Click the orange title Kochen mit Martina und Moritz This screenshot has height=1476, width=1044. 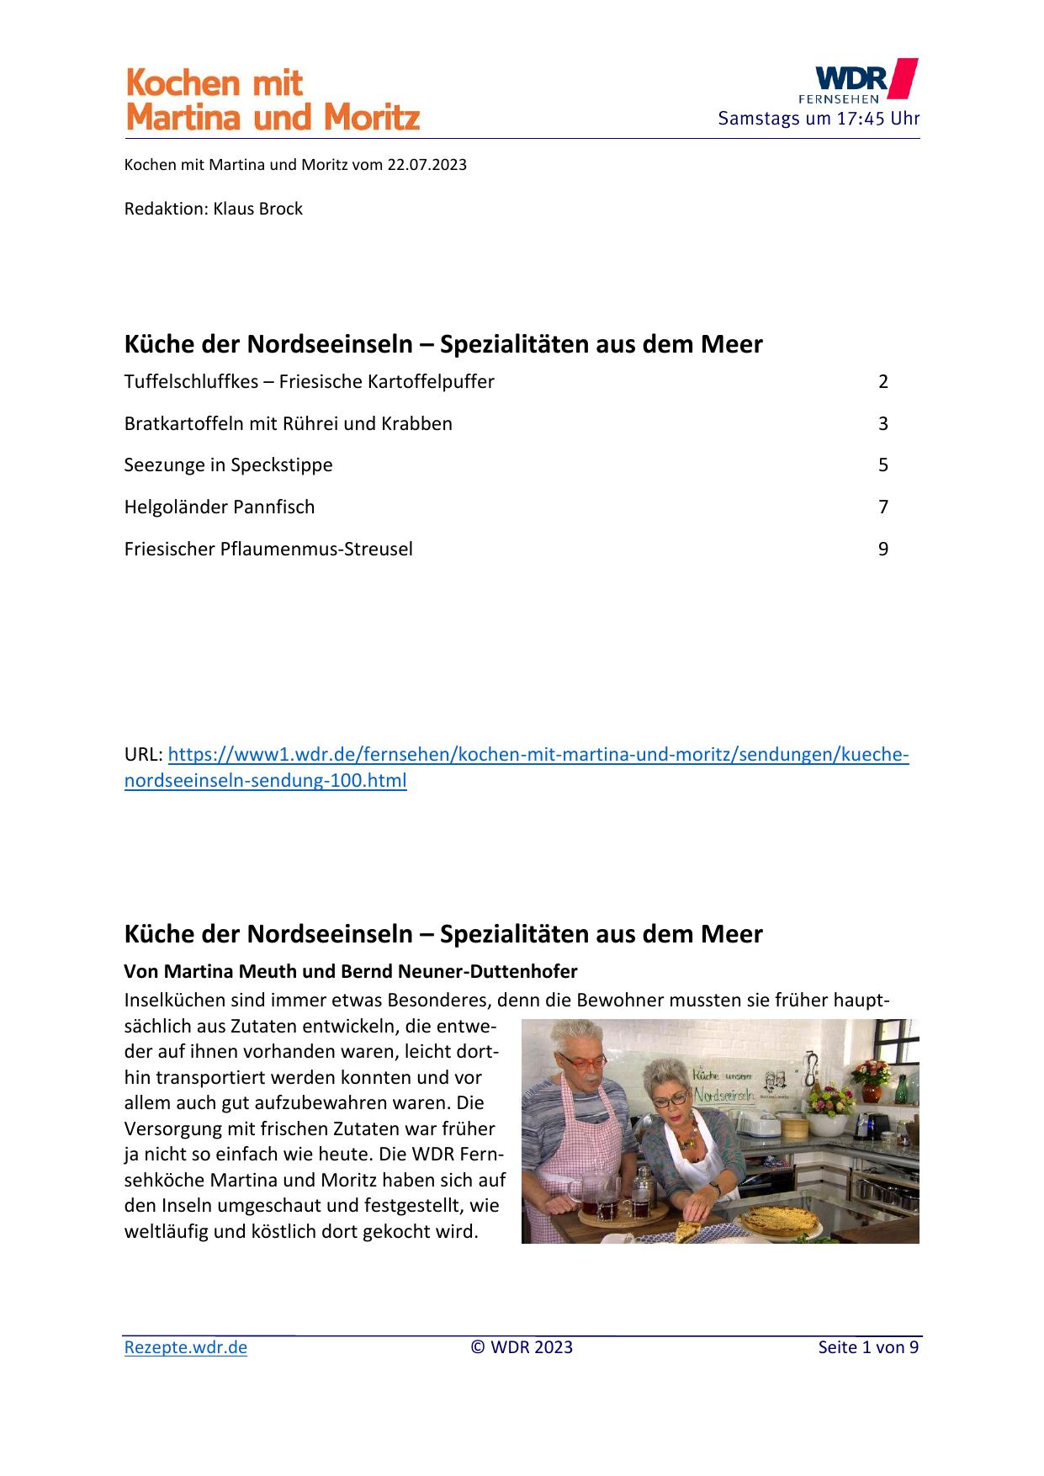pos(272,101)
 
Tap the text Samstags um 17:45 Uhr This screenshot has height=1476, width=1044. pos(818,119)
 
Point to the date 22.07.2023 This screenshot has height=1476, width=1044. pos(427,165)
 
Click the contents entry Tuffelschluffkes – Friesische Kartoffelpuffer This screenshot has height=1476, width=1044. pos(309,382)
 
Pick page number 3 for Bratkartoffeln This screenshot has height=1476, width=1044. pos(882,424)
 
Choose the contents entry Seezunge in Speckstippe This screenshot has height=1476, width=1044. pos(228,465)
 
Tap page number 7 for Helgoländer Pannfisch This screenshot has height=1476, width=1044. pos(882,507)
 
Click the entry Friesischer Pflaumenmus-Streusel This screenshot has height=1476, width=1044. pos(268,550)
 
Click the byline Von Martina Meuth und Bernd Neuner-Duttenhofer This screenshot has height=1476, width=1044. pos(350,972)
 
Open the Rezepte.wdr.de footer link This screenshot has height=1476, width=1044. pos(186,1347)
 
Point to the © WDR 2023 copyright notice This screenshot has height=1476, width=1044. pos(522,1347)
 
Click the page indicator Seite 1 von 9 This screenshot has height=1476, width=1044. pos(867,1347)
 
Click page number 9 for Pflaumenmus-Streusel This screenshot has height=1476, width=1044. pos(882,550)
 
